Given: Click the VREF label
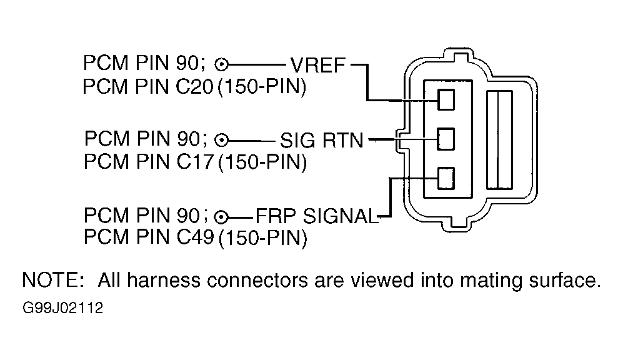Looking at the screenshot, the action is point(318,65).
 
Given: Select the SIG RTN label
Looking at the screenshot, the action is point(322,140).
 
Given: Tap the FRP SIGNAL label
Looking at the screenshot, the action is point(316,216).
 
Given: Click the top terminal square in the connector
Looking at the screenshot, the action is point(446,100).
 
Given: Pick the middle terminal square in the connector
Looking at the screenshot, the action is point(446,139).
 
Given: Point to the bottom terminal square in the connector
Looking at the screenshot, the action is point(446,178).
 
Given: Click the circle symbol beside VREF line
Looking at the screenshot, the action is point(221,64).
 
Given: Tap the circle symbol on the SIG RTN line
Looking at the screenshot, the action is point(221,140).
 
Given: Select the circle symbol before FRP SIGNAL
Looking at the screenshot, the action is point(221,217).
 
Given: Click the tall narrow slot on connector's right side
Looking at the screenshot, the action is point(500,140).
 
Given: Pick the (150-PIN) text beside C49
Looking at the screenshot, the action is point(263,238).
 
